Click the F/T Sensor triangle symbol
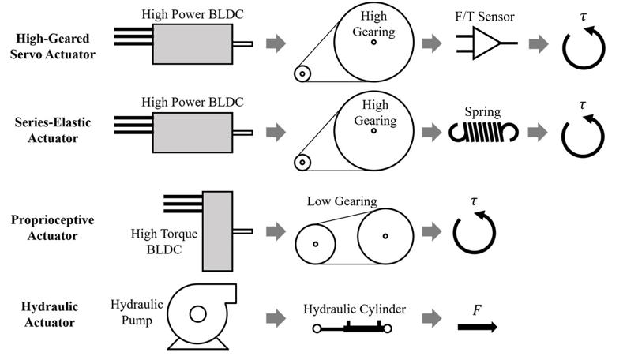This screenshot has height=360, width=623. pos(486,44)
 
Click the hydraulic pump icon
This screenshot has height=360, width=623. pos(196,316)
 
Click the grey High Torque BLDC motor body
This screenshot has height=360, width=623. pos(218,231)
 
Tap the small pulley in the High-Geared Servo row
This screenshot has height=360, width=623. pos(303,75)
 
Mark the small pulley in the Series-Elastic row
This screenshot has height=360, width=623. pos(303,163)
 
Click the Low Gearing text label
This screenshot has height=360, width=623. pos(342,202)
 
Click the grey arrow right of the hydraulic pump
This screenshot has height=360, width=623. pos(276,318)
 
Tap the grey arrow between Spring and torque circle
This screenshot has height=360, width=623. pos(539,132)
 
